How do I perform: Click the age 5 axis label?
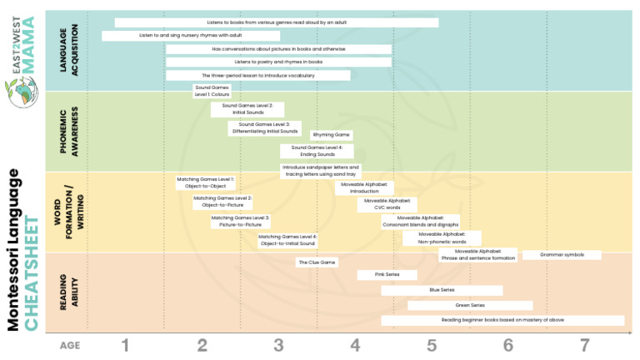point(432,345)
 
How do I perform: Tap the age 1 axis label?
point(125,345)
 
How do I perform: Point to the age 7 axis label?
point(584,345)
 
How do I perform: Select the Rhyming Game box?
point(332,134)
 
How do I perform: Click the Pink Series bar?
point(387,274)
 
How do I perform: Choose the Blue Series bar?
point(442,290)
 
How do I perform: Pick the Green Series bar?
point(470,306)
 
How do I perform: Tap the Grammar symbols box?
point(563,254)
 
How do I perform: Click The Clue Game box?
point(317,262)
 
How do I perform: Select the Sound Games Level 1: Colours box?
point(212,91)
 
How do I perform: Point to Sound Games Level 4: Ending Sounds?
point(317,151)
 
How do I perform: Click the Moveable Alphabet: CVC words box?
point(387,204)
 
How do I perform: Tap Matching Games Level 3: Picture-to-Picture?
point(240,221)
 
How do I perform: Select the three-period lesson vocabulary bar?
point(257,75)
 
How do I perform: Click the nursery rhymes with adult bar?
point(191,36)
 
